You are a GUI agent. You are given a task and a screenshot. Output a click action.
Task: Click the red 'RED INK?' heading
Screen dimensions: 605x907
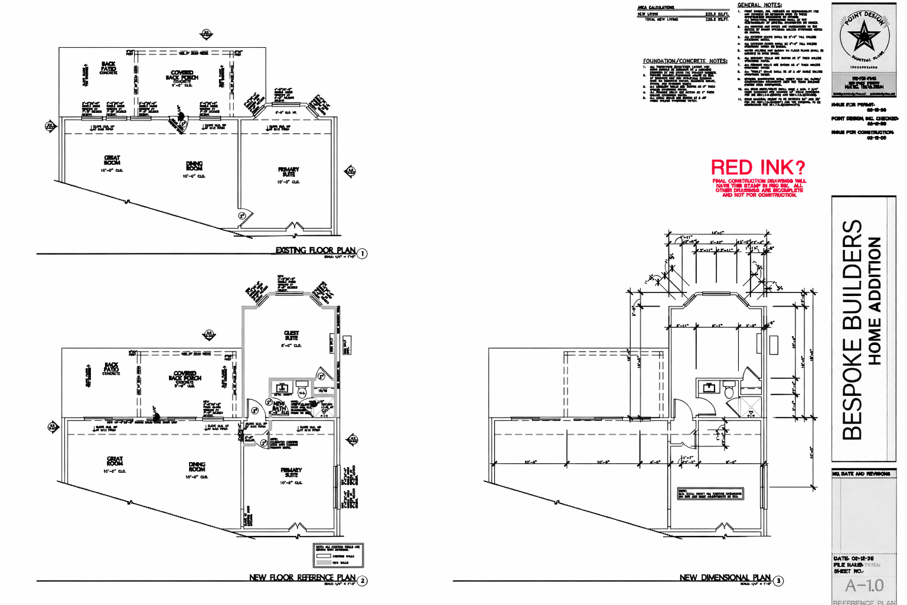(x=758, y=167)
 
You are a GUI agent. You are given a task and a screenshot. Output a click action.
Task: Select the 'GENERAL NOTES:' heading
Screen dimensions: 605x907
(x=759, y=5)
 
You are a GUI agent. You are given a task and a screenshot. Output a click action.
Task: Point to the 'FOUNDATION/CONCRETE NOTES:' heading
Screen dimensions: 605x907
(x=685, y=61)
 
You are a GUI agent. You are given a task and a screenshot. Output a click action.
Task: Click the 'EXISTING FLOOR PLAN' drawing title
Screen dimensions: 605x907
(x=315, y=250)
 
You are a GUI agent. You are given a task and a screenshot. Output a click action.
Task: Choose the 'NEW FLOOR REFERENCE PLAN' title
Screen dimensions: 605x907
(x=302, y=577)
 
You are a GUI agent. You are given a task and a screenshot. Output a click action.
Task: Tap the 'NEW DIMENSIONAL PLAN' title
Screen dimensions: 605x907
(x=725, y=577)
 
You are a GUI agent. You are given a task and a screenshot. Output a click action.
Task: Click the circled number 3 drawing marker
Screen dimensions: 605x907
(x=779, y=581)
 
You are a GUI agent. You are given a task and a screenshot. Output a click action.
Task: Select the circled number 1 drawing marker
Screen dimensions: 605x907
(x=362, y=253)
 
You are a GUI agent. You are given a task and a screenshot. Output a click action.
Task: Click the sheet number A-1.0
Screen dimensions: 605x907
(x=864, y=586)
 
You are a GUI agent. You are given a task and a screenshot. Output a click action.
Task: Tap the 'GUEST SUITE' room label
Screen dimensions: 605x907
(x=291, y=336)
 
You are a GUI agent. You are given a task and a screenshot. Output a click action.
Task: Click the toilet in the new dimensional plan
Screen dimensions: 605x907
(x=729, y=391)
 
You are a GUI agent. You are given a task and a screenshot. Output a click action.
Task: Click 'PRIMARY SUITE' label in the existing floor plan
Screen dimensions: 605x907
(x=288, y=172)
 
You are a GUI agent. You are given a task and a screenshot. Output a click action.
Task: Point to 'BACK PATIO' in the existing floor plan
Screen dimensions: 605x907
(x=109, y=67)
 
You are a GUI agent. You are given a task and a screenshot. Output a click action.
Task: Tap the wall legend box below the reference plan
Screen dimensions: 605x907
(x=338, y=555)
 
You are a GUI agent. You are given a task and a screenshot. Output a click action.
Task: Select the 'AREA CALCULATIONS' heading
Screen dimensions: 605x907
(x=655, y=8)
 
